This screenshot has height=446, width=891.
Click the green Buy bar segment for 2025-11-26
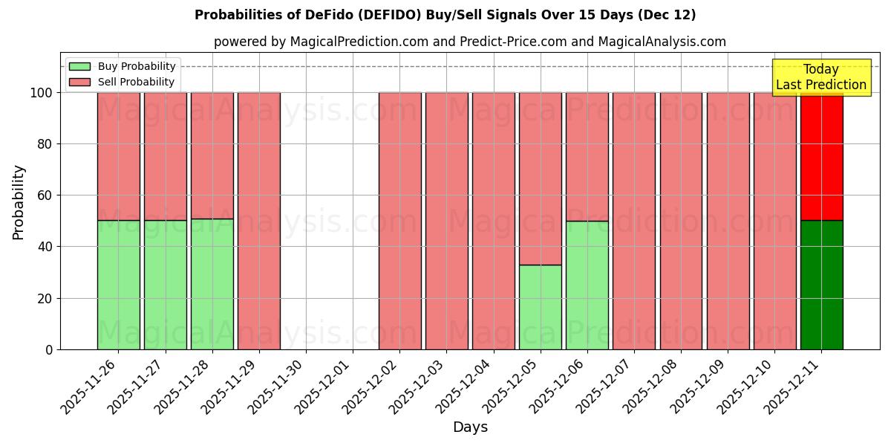coord(118,285)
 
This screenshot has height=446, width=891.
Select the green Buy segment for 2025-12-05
coord(540,307)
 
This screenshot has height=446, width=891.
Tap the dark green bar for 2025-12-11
coord(821,285)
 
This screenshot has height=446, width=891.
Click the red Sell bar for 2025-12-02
coord(399,221)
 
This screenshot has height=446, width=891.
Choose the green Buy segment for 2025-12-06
coord(587,285)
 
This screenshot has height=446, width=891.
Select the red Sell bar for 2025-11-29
coord(258,221)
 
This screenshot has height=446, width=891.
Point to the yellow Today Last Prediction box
coord(821,77)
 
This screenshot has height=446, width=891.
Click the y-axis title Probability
coord(19,201)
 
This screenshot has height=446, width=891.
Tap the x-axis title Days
coord(470,427)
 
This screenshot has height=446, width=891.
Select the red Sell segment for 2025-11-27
coord(165,156)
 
